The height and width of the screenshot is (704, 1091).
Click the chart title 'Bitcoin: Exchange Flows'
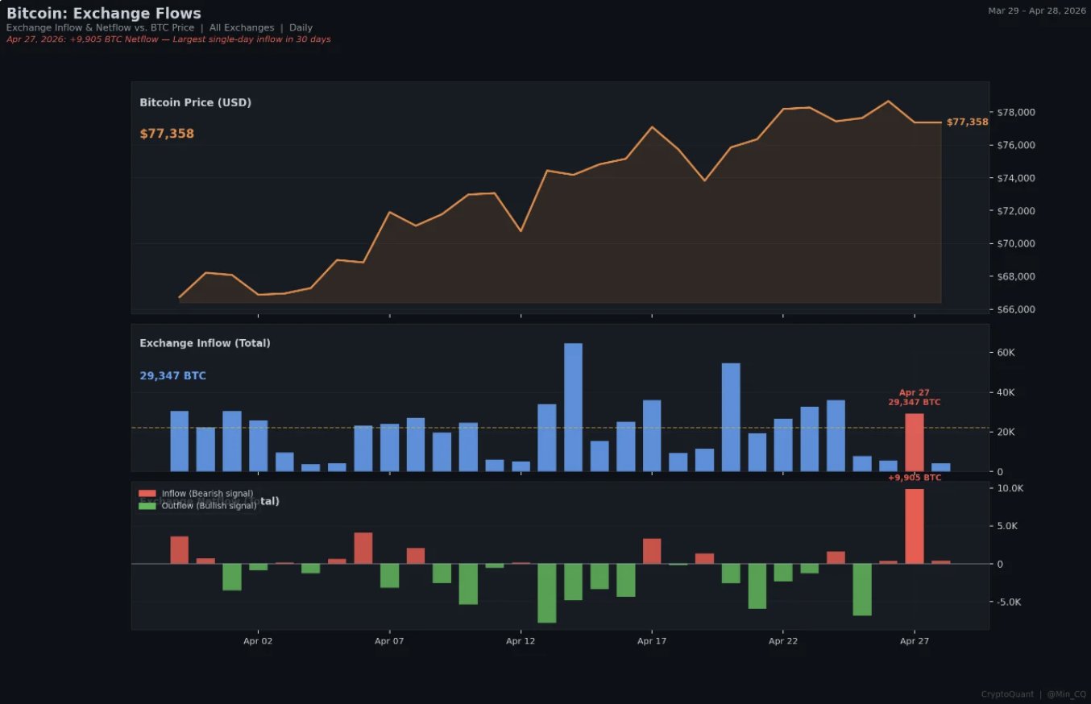104,13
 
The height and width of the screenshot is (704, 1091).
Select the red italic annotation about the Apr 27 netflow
168,39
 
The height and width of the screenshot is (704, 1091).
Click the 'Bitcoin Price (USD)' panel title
195,102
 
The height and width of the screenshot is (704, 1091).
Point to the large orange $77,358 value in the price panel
167,134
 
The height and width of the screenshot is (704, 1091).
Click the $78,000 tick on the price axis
1018,112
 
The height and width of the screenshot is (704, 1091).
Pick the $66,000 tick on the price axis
1018,310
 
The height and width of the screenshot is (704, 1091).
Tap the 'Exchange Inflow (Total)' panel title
205,343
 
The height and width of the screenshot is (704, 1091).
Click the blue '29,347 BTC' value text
172,376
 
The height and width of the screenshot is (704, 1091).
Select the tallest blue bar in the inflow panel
573,407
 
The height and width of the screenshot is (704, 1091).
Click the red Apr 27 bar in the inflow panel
915,442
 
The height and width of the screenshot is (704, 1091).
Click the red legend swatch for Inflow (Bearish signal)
147,494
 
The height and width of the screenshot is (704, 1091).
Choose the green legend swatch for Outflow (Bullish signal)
147,506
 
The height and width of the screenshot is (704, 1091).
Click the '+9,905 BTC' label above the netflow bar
915,478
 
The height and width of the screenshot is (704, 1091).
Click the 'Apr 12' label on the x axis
521,642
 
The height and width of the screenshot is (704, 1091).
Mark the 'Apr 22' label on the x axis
782,642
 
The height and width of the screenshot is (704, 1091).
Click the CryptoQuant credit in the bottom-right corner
1007,694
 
